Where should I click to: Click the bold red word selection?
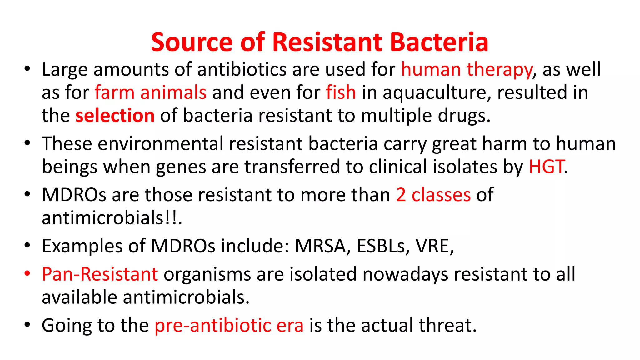[x=115, y=116]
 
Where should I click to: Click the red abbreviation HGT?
[x=546, y=167]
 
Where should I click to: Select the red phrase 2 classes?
[x=433, y=195]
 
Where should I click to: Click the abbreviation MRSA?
[x=320, y=246]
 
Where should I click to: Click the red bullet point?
[x=27, y=273]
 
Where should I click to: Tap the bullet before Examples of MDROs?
[x=27, y=245]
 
